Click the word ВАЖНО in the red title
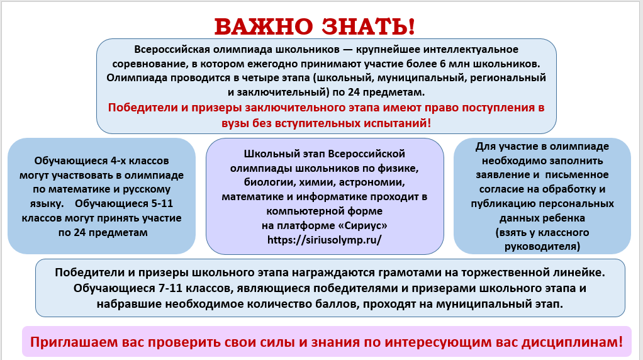pos(264,26)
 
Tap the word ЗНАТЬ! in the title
pos(368,26)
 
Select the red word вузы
pos(235,123)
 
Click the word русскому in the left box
pos(147,189)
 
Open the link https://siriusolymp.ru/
pos(325,240)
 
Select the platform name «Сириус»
pos(362,225)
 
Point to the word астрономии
pos(372,183)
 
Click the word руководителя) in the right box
pos(542,247)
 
